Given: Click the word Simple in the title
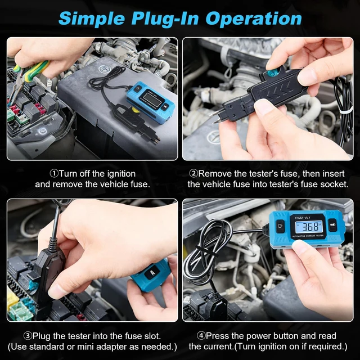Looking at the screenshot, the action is point(92,19).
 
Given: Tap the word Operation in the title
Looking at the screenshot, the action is point(254,19).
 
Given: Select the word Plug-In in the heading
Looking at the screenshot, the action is point(165,19).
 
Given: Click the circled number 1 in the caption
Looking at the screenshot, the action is point(55,174).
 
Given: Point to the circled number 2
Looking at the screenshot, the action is point(193,174).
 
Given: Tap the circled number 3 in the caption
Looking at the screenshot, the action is point(28,336).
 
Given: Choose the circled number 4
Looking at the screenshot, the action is point(201,336).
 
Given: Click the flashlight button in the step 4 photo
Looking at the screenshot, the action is point(332,225).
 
